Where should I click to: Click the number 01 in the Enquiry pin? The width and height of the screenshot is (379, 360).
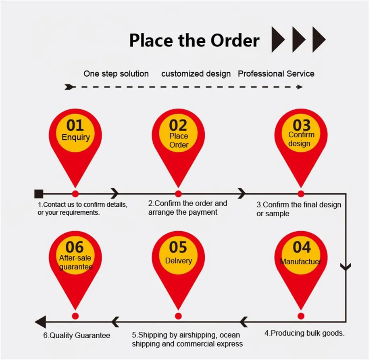coord(75,125)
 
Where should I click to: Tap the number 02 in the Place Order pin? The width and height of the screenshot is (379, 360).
coord(178,125)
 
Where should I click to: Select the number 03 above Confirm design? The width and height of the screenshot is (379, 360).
coord(301,125)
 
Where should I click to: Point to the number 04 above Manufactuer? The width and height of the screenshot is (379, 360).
coord(301,247)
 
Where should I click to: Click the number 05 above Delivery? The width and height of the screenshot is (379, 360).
coord(178,247)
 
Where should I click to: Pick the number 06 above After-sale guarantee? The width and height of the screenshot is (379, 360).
coord(75,247)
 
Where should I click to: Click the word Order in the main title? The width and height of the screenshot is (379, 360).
coord(235,41)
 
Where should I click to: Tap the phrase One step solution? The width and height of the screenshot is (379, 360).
coord(116,74)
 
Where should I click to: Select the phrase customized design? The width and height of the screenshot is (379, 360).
coord(196,74)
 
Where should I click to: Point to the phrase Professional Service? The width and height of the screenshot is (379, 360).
coord(276,74)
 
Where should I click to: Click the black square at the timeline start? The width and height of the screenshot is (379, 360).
coord(39,193)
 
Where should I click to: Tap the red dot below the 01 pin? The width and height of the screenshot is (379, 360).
coord(75,194)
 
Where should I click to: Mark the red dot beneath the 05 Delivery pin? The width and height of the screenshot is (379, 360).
coord(178,316)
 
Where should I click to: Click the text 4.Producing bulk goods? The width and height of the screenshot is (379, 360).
coord(304,333)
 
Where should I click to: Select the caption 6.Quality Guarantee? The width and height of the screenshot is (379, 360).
coord(77,335)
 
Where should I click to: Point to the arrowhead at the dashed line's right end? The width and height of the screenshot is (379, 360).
coord(300,87)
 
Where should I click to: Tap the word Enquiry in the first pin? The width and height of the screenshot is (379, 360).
coord(75,138)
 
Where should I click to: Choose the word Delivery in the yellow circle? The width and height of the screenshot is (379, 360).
coord(178,261)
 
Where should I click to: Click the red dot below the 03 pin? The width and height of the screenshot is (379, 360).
coord(301,194)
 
